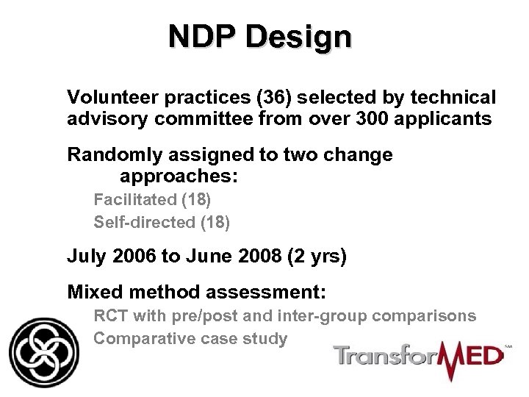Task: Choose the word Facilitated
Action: pos(135,199)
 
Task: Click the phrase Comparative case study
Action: pos(190,339)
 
